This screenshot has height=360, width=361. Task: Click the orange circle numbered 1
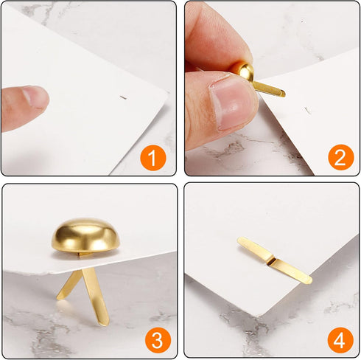(x=153, y=158)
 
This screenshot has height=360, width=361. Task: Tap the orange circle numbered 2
(x=341, y=157)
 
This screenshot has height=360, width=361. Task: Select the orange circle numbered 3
(x=158, y=340)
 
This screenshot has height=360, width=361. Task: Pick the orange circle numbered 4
(x=340, y=340)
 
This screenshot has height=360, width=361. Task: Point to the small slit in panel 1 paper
(x=123, y=97)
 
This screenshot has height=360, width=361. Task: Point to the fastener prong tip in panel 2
(x=282, y=93)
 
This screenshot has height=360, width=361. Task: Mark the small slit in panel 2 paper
(x=307, y=111)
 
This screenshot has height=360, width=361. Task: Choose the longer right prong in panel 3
(x=95, y=297)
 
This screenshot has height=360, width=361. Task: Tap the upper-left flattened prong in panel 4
(x=256, y=249)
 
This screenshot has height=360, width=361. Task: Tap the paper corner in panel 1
(x=168, y=92)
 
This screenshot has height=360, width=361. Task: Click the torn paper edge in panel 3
(x=37, y=271)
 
